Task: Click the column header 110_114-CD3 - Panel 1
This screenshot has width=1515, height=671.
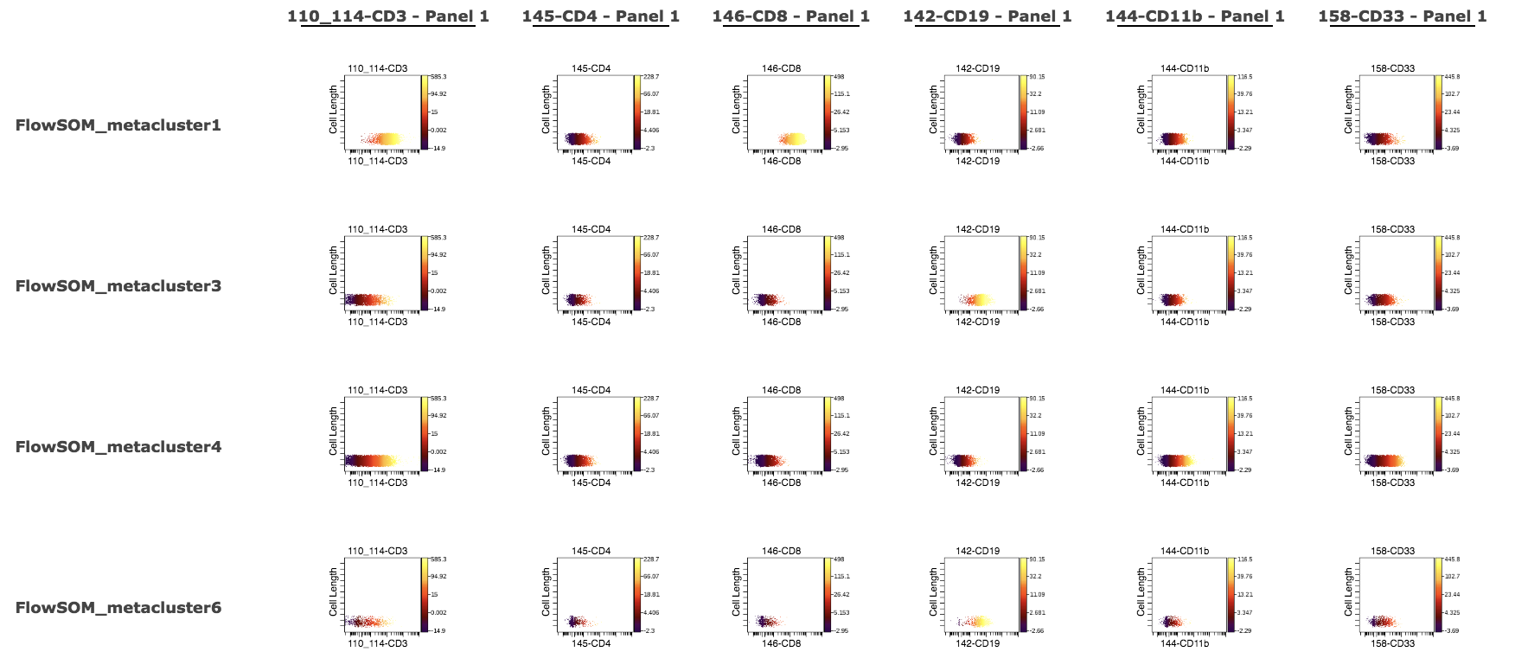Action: [x=388, y=16]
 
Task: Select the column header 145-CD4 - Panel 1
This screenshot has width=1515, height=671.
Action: [x=600, y=16]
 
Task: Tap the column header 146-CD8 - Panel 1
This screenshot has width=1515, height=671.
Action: [x=790, y=16]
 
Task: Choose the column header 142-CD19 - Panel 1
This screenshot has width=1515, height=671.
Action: [x=987, y=16]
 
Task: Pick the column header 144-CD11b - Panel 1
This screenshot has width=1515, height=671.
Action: [x=1194, y=16]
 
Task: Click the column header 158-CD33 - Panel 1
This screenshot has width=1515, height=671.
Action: [x=1402, y=16]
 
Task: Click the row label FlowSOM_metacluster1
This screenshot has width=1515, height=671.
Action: [x=118, y=125]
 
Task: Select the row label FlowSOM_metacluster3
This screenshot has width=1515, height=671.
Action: [x=118, y=286]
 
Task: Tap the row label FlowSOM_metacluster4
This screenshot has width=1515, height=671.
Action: [x=118, y=447]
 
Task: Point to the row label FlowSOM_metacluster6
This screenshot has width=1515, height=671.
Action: [x=118, y=608]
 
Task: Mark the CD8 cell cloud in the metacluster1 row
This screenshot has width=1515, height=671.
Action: [x=792, y=138]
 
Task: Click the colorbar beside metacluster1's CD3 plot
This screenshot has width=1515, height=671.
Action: [x=425, y=112]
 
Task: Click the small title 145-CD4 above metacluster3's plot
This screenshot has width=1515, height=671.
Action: [x=591, y=229]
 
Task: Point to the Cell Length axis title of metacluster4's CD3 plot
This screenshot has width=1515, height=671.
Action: [x=334, y=431]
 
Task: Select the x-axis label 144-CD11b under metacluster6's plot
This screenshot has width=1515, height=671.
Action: [x=1185, y=643]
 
